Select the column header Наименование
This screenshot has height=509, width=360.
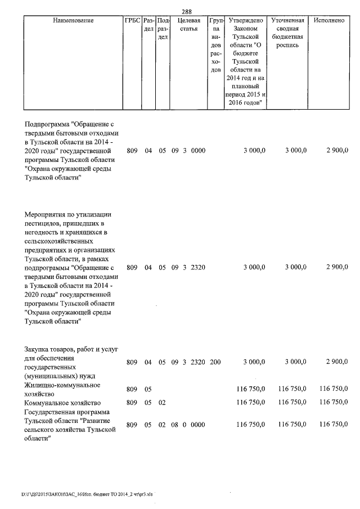coord(73,21)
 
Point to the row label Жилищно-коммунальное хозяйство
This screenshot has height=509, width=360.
coord(62,389)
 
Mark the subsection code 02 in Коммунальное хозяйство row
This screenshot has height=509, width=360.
coord(162,403)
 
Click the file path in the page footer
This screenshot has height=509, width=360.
coord(87,494)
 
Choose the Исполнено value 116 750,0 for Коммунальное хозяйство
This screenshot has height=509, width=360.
coord(334,403)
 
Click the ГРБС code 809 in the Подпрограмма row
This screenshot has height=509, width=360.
coord(132,150)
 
